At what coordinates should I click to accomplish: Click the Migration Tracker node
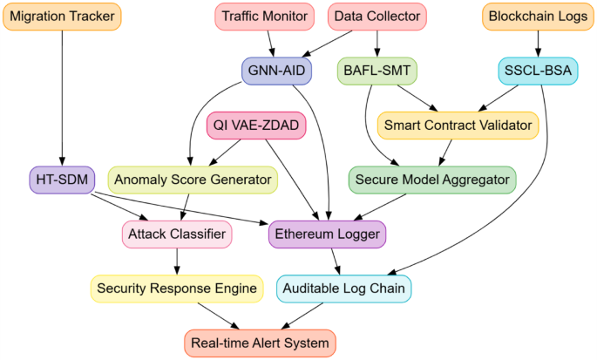click(63, 17)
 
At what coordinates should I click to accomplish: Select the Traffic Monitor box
click(264, 17)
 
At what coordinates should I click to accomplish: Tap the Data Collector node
click(377, 17)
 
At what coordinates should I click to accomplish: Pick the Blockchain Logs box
click(538, 17)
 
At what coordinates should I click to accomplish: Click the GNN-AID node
click(276, 71)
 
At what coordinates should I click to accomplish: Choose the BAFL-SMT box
click(377, 71)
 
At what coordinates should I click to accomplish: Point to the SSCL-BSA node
click(538, 71)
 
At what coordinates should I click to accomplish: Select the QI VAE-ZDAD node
click(256, 126)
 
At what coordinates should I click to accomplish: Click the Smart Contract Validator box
click(458, 126)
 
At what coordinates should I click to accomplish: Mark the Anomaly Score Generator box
click(193, 180)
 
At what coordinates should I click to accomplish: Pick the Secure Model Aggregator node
click(432, 180)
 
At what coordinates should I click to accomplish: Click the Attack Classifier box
click(177, 234)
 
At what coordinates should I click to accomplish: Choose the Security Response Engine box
click(177, 288)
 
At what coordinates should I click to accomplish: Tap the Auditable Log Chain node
click(343, 288)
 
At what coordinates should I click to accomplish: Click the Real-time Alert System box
click(260, 343)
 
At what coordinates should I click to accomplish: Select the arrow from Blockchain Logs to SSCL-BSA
click(538, 44)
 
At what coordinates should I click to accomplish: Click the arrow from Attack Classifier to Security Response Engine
click(177, 261)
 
